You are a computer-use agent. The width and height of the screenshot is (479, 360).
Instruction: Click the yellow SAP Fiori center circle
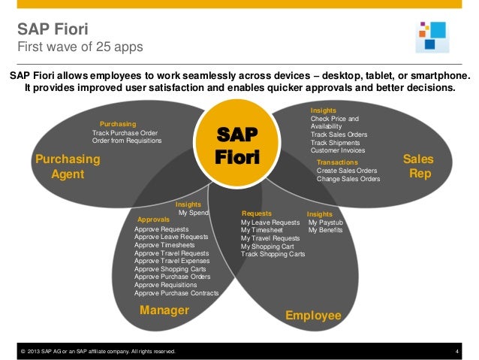(x=236, y=146)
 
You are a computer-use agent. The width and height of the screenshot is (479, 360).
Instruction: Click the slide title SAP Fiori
(x=53, y=30)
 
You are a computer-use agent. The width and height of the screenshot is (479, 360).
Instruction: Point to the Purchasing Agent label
(x=68, y=167)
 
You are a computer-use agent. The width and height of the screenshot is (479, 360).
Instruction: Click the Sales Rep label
(x=418, y=167)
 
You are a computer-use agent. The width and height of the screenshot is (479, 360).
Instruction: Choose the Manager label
(x=164, y=310)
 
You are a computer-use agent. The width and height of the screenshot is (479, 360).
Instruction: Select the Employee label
(x=313, y=315)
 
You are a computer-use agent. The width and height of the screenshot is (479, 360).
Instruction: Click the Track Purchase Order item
(x=125, y=133)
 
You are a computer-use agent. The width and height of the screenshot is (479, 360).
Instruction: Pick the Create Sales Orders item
(x=347, y=171)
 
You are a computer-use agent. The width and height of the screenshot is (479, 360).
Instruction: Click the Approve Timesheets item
(x=164, y=245)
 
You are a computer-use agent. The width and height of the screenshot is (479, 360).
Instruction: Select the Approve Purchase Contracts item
(x=176, y=293)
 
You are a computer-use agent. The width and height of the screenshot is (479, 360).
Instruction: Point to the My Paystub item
(x=325, y=222)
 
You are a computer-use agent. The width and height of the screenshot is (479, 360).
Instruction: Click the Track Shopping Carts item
(x=273, y=254)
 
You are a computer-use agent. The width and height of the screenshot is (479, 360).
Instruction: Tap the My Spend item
(x=193, y=213)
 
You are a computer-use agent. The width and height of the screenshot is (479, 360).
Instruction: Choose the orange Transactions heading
(x=338, y=162)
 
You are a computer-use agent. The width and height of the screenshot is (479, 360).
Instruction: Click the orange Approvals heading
(x=154, y=219)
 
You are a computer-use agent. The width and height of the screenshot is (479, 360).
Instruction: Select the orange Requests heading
(x=256, y=213)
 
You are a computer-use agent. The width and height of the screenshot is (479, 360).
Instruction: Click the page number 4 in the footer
(x=456, y=351)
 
